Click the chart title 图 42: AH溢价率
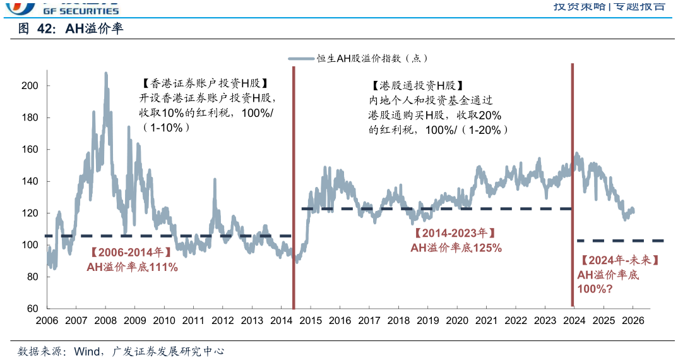point(69,29)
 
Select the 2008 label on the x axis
point(105,320)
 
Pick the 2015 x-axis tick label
point(311,320)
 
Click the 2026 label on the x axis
point(633,320)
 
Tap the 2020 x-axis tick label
point(457,320)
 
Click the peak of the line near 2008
point(105,73)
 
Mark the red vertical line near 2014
point(294,189)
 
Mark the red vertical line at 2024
point(572,189)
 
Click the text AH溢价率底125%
point(456,248)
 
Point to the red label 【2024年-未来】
point(620,260)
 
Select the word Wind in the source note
point(86,351)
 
